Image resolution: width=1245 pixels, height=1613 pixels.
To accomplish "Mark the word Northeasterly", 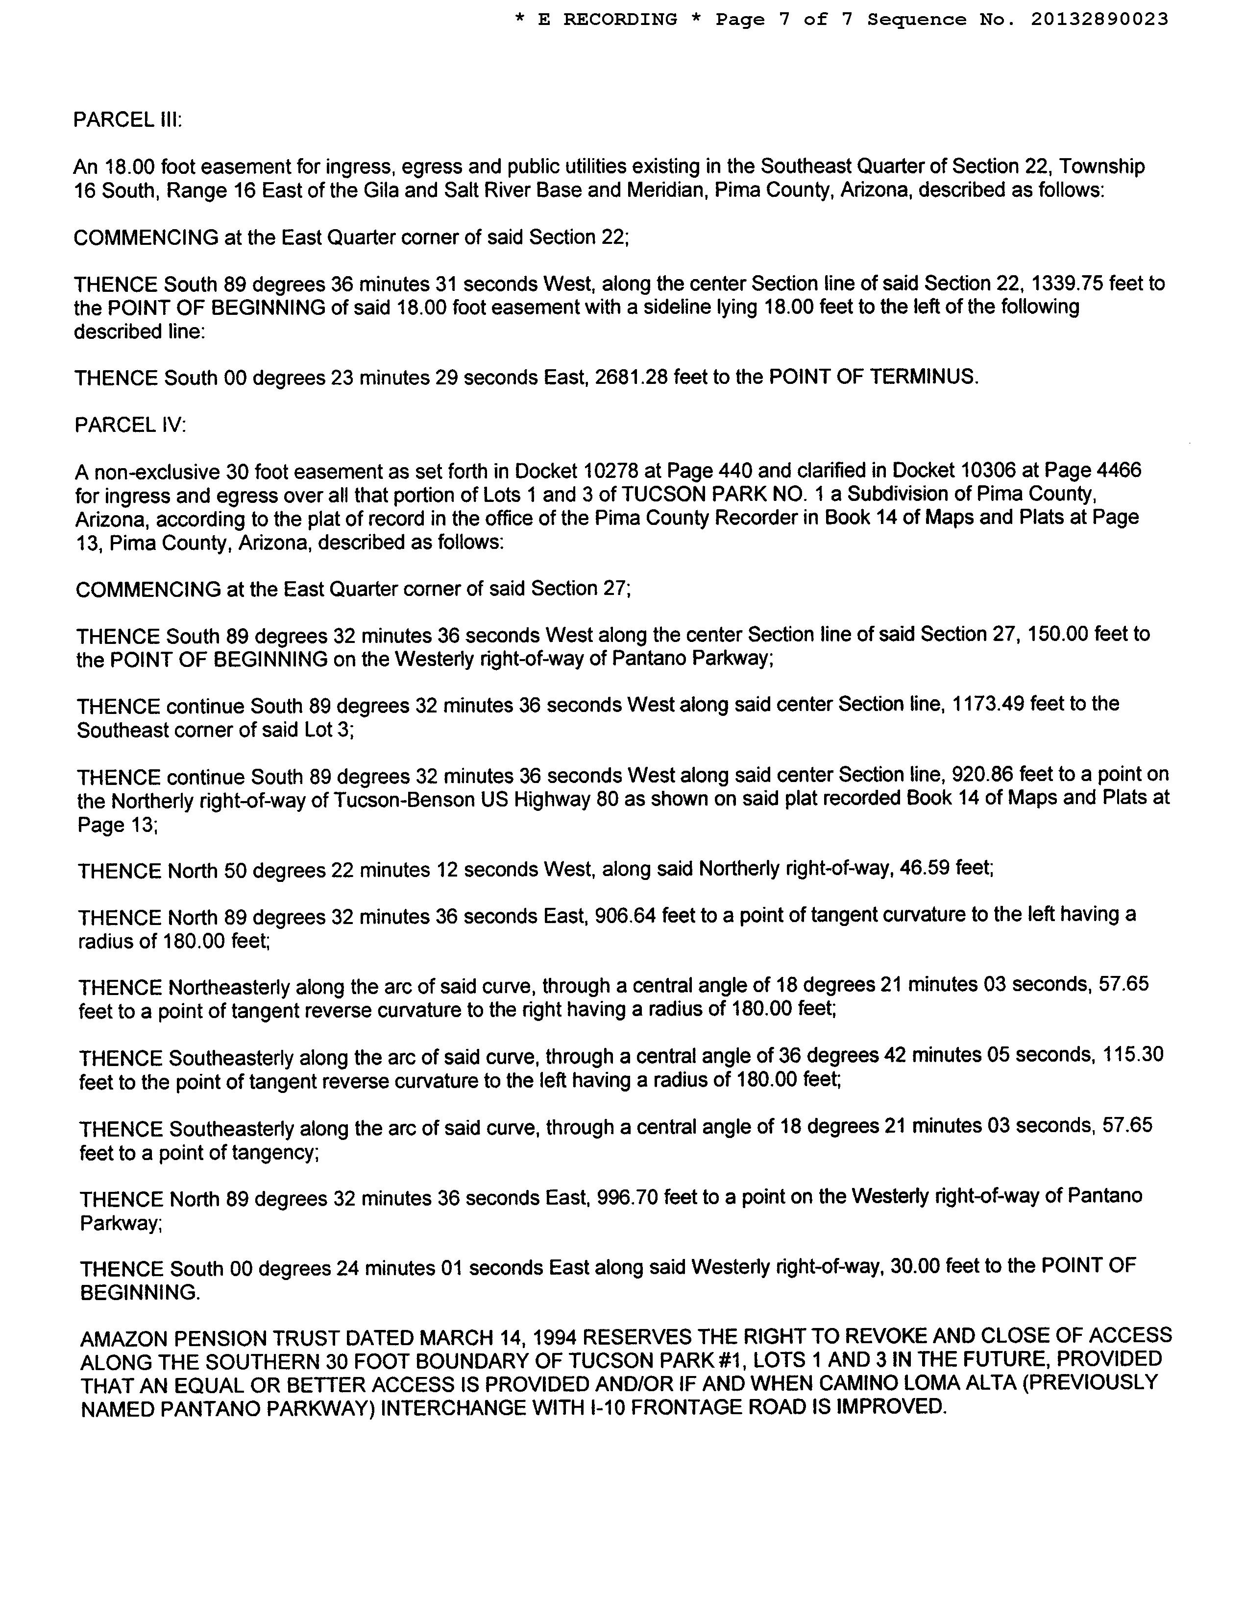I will [x=229, y=988].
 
